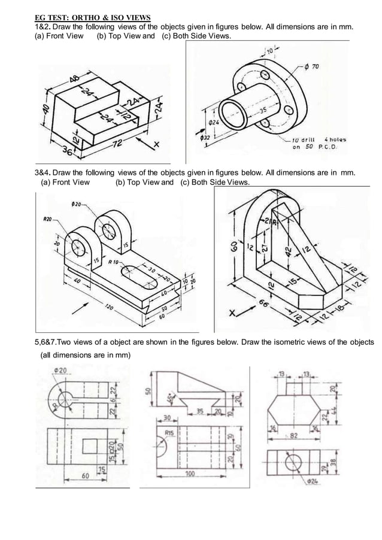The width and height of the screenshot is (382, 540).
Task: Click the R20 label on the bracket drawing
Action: [x=47, y=219]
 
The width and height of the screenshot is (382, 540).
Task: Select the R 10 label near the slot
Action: [x=116, y=262]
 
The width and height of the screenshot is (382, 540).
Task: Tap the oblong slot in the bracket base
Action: [x=138, y=274]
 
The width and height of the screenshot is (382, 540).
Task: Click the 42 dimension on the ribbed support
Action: [x=289, y=248]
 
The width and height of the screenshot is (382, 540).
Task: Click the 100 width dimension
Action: [x=190, y=474]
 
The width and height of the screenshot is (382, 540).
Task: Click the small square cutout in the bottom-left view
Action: [x=88, y=445]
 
